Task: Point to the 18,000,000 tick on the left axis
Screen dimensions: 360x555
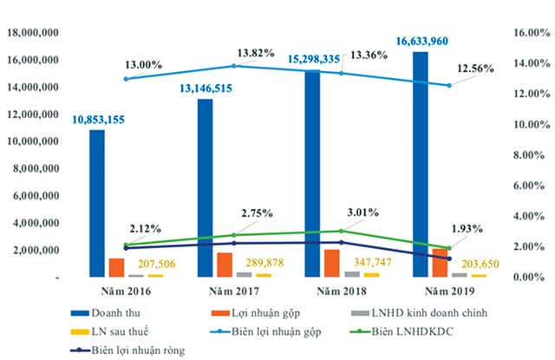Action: [32, 33]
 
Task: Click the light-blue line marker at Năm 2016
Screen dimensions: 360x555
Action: [127, 79]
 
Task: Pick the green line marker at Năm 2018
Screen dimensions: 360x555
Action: [341, 231]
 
